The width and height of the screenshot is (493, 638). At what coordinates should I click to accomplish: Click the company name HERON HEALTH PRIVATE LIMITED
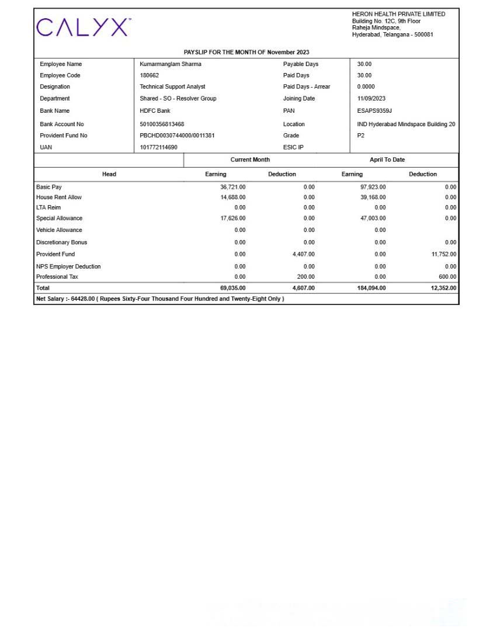[x=398, y=14]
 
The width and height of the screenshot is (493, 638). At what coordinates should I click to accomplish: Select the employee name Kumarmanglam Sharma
[x=170, y=64]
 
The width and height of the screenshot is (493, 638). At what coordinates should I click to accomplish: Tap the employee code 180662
[x=149, y=75]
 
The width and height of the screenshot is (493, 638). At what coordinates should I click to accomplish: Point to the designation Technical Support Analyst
[x=172, y=86]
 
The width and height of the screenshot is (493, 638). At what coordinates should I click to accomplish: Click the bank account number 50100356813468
[x=162, y=124]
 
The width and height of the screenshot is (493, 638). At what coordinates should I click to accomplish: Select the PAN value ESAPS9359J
[x=374, y=110]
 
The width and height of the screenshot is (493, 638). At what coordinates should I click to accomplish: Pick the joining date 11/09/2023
[x=371, y=98]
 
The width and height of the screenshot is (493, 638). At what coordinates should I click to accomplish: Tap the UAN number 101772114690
[x=158, y=147]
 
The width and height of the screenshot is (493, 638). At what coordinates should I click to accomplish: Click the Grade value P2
[x=361, y=136]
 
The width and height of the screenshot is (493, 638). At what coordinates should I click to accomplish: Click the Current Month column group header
[x=250, y=159]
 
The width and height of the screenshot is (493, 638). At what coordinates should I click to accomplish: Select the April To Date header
[x=387, y=159]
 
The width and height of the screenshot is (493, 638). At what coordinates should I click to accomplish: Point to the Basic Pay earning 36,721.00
[x=232, y=187]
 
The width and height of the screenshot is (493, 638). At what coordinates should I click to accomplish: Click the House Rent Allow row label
[x=59, y=197]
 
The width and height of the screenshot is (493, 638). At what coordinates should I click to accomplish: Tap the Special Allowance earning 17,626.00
[x=232, y=219]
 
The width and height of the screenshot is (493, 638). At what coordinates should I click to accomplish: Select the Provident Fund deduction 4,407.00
[x=303, y=254]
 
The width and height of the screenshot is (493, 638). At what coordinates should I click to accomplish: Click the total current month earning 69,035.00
[x=232, y=288]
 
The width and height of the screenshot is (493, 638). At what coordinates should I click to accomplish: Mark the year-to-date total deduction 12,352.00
[x=443, y=288]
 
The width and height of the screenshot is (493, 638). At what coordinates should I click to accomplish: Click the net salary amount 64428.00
[x=82, y=299]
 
